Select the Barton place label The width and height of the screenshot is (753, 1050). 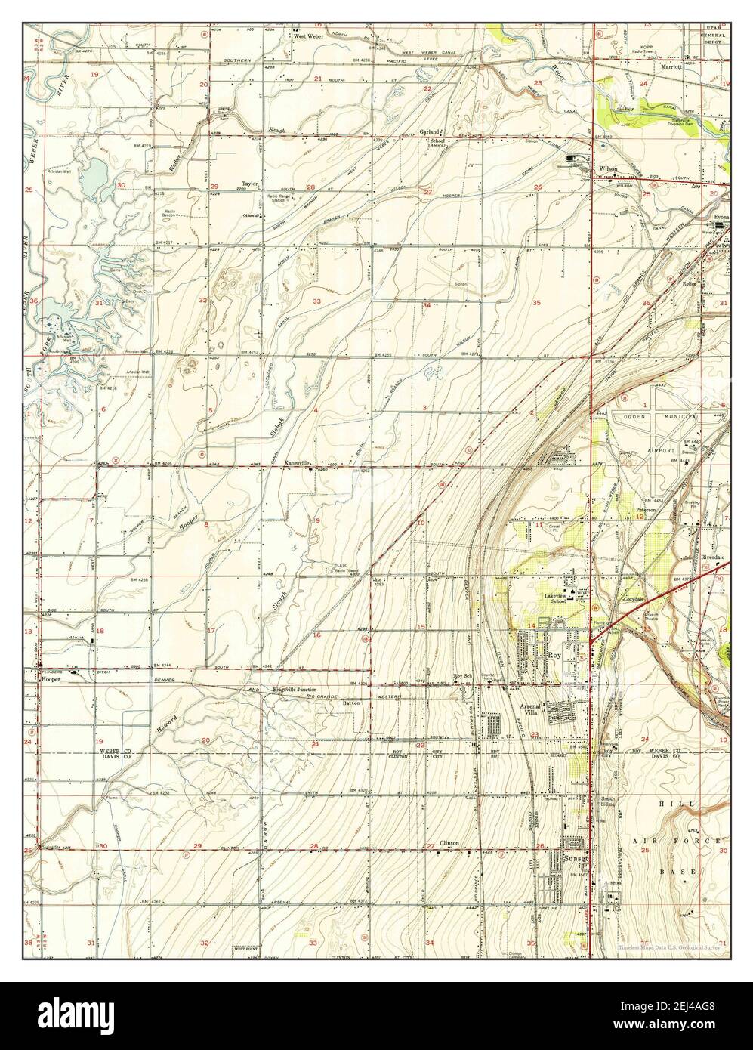(350, 703)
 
